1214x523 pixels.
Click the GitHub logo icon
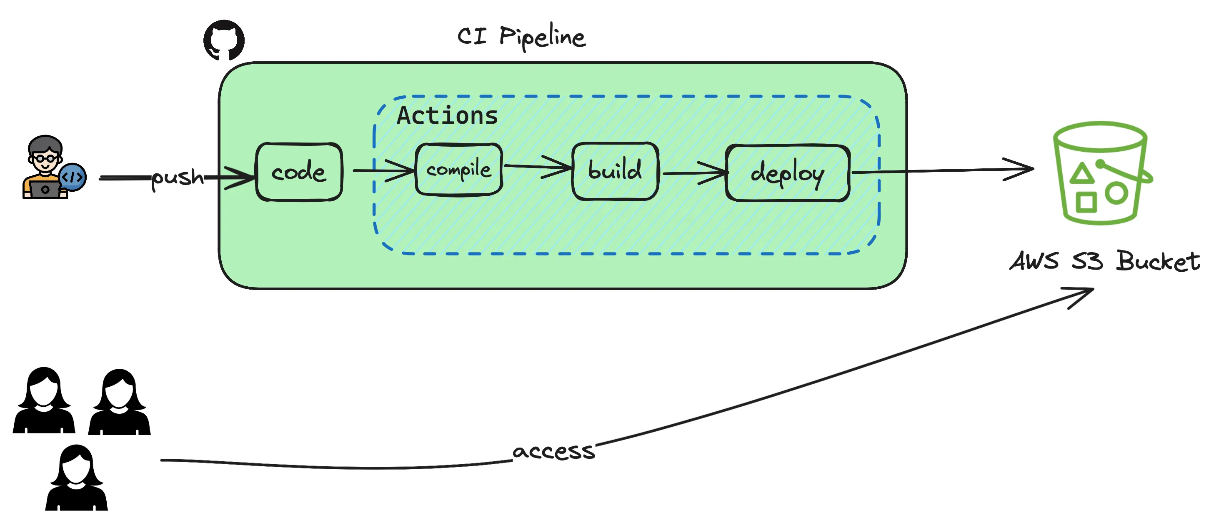[x=224, y=40]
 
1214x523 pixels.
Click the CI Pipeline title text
[x=521, y=37]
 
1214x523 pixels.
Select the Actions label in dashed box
[x=447, y=115]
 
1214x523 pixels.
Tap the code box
[x=299, y=172]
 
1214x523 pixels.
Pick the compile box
[x=458, y=170]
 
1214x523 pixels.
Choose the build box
[x=615, y=171]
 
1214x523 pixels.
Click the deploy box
[x=788, y=173]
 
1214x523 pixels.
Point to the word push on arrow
[x=178, y=178]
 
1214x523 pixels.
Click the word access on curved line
[x=554, y=451]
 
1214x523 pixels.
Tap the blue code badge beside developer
[x=73, y=177]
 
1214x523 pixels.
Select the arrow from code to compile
[x=383, y=170]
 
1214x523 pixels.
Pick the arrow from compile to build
[x=537, y=166]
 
